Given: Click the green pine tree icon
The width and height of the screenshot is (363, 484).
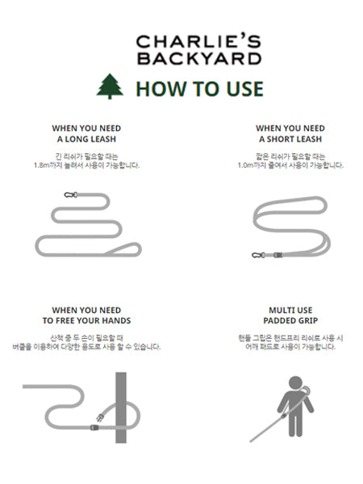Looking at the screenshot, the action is [110, 86].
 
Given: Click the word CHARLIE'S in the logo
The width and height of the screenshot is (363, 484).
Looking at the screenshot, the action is [198, 41].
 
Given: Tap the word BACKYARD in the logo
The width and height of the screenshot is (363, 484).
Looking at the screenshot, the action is [199, 59].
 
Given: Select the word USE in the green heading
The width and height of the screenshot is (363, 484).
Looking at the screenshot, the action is [244, 89].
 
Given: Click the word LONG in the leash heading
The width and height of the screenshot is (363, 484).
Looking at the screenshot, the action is [76, 140].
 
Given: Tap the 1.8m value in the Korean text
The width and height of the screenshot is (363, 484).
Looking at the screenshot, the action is [42, 165].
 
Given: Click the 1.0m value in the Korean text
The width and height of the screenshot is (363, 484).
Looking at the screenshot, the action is [245, 165].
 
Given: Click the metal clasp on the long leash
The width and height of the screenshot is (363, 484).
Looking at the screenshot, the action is [71, 194].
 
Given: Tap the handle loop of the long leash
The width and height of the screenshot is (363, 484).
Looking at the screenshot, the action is [123, 249].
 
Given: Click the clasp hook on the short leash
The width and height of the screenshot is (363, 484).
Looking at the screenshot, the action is [258, 255].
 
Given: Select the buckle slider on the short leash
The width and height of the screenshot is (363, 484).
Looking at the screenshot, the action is [277, 255].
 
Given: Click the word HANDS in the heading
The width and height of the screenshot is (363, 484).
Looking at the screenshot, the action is [119, 321].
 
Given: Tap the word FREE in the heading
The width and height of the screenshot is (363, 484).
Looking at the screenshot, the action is [65, 321].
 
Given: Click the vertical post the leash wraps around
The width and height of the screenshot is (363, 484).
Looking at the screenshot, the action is [121, 407].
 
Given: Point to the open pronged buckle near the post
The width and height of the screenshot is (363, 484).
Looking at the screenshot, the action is [100, 418].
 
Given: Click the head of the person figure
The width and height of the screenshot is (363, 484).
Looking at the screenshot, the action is [296, 382].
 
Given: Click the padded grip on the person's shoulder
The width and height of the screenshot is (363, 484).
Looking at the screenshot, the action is [306, 390].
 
